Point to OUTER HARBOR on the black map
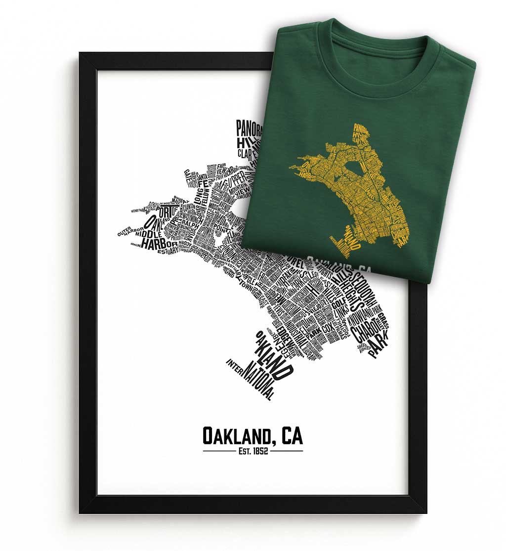(129, 231)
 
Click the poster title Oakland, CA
(253, 436)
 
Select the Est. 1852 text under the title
(253, 451)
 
